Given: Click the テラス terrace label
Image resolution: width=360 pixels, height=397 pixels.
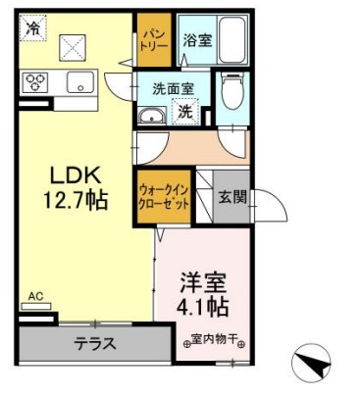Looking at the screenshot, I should tap(96, 344).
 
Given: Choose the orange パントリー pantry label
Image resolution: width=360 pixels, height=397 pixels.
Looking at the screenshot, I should tap(150, 40).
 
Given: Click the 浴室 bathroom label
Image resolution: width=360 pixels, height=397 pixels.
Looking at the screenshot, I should tap(197, 41).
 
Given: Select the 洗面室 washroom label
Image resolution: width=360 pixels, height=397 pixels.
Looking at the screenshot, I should tap(173, 89).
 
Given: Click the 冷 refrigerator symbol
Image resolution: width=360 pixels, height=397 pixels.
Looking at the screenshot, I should tap(33, 29).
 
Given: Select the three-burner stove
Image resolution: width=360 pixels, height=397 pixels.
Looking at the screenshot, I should tap(36, 83).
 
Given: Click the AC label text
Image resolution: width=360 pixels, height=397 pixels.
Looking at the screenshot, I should tap(35, 295).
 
